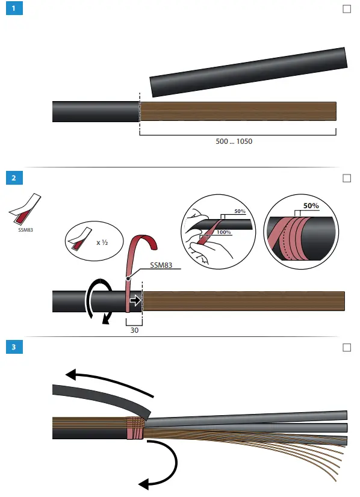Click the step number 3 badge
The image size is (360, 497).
click(13, 348)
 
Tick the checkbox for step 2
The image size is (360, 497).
click(346, 178)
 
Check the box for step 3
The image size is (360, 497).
click(346, 348)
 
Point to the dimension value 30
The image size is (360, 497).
click(134, 329)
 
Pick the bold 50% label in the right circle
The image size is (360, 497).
click(311, 205)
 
